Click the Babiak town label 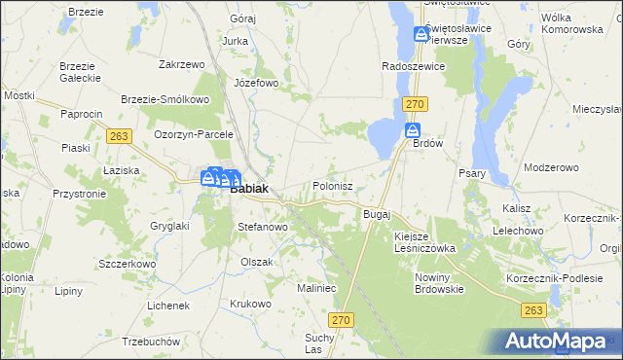(x=250, y=190)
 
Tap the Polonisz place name (x=339, y=184)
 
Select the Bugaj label (x=376, y=213)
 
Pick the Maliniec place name (x=316, y=288)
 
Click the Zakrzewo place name (x=181, y=64)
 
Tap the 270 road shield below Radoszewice (x=417, y=103)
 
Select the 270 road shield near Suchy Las (x=340, y=319)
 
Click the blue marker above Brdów (x=413, y=130)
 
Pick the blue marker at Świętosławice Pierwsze (x=421, y=33)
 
